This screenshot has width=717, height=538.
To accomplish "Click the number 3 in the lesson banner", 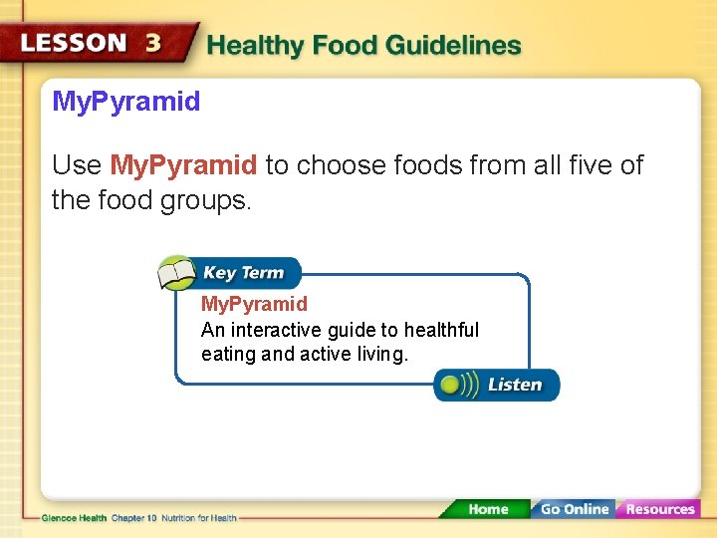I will [x=153, y=44].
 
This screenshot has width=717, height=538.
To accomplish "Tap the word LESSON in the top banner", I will [x=75, y=44].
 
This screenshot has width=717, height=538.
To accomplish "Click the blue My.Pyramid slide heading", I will [x=126, y=101].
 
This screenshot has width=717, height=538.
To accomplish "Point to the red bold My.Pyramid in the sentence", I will [x=183, y=164].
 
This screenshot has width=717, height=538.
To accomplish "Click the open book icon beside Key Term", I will [x=177, y=273].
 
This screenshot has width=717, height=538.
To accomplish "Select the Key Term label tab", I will [x=244, y=273].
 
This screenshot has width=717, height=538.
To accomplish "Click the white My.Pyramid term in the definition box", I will [x=254, y=304].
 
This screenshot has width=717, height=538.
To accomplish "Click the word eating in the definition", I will [x=228, y=354].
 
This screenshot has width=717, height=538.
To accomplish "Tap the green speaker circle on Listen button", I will [x=451, y=385].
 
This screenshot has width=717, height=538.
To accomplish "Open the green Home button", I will [x=487, y=509].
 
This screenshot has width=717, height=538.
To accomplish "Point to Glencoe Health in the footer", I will [x=74, y=518].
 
